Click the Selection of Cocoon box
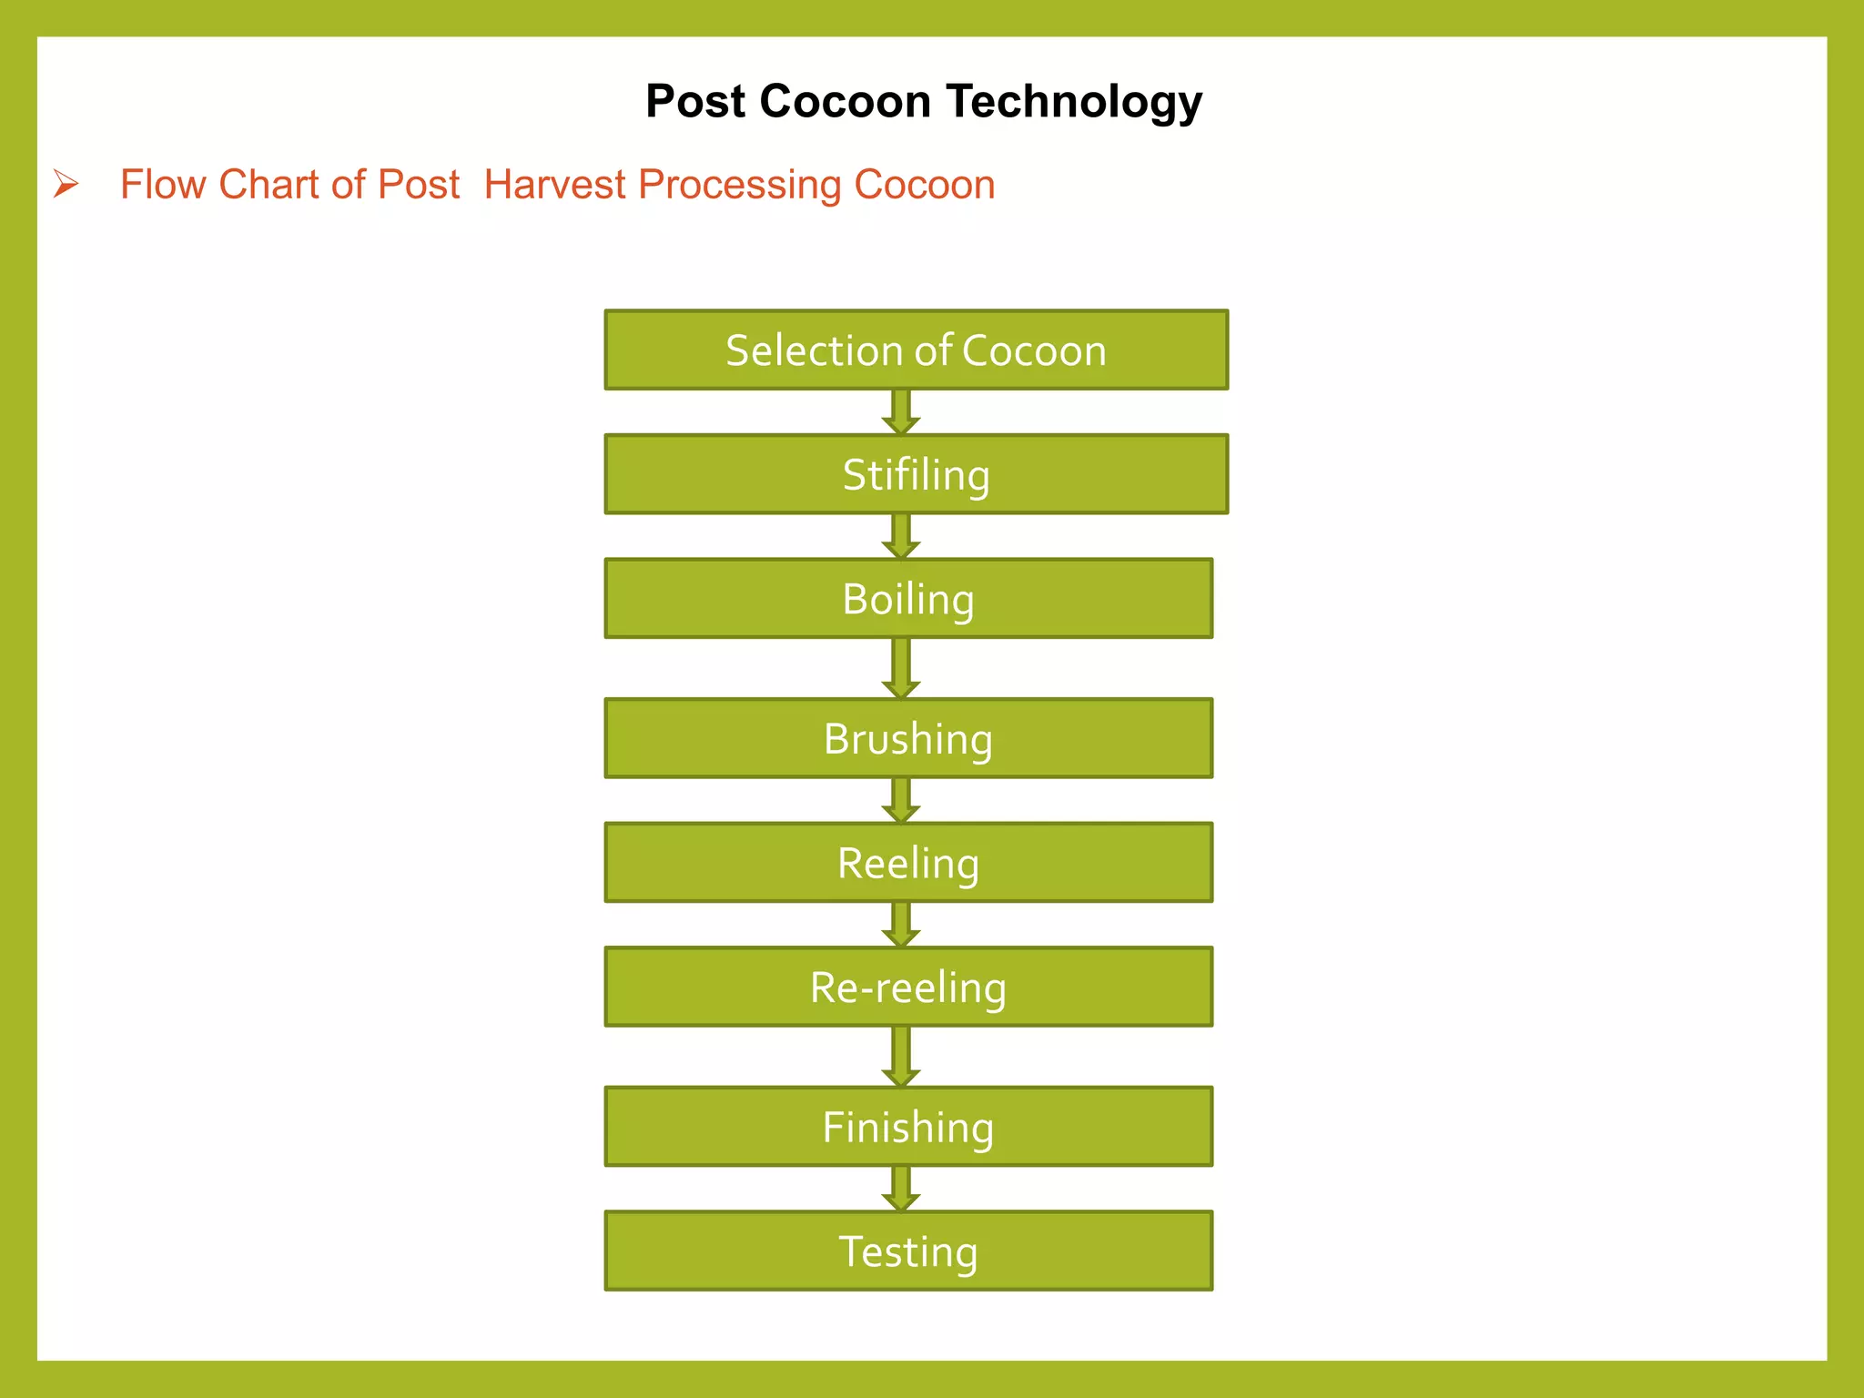pyautogui.click(x=916, y=350)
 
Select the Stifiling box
pyautogui.click(x=916, y=474)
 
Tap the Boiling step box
pyautogui.click(x=908, y=599)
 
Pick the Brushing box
pyautogui.click(x=908, y=738)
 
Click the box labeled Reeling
pyautogui.click(x=908, y=863)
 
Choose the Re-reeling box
pyautogui.click(x=908, y=988)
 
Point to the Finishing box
pyautogui.click(x=908, y=1127)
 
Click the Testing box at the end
pyautogui.click(x=908, y=1251)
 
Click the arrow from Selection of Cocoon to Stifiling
pyautogui.click(x=900, y=412)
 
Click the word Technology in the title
pyautogui.click(x=1074, y=102)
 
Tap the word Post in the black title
pyautogui.click(x=695, y=102)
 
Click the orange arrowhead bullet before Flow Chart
pyautogui.click(x=66, y=185)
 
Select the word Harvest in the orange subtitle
pyautogui.click(x=555, y=185)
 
